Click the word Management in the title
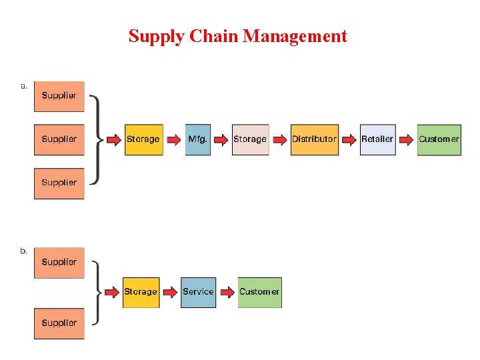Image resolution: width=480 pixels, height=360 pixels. [x=295, y=36]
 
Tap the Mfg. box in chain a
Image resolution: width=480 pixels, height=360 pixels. [x=197, y=139]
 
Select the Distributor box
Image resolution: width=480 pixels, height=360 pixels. [x=314, y=139]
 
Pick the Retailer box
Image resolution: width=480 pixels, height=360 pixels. [x=377, y=139]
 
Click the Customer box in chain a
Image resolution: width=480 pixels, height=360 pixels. [x=439, y=139]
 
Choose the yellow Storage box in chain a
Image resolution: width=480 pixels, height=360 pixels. [x=143, y=139]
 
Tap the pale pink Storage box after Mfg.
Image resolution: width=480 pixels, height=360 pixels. [x=250, y=139]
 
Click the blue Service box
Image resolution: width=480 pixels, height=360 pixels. [x=198, y=292]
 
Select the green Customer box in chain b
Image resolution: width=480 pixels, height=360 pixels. [x=259, y=292]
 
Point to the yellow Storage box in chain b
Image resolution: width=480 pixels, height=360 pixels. [x=141, y=292]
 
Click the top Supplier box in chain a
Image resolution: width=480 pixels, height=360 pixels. [x=59, y=96]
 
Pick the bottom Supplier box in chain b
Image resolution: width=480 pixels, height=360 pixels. [x=59, y=323]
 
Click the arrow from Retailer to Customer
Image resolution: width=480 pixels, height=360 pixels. [x=406, y=139]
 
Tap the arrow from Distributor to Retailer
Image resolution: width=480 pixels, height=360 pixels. [x=349, y=139]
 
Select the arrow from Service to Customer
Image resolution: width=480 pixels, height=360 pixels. [x=227, y=292]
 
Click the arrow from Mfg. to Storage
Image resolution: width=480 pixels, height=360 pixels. [x=221, y=139]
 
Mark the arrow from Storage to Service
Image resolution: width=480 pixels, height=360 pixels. [x=170, y=292]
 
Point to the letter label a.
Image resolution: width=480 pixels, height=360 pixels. [x=24, y=85]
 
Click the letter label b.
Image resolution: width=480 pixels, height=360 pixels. [x=24, y=251]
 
